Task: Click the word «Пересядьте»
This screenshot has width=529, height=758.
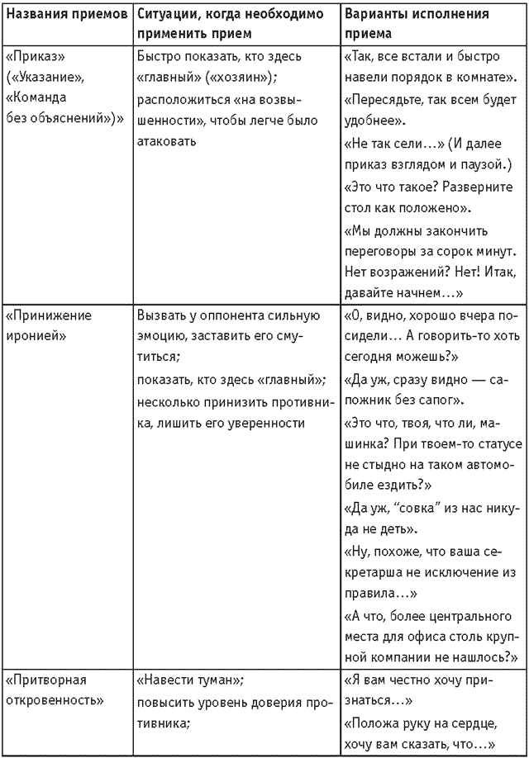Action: [x=379, y=99]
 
